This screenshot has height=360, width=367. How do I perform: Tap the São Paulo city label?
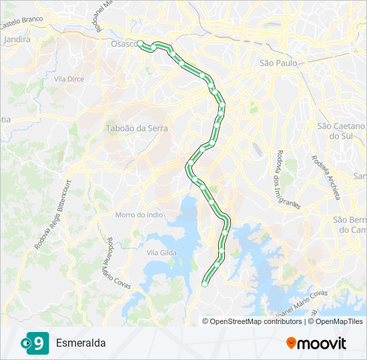coord(277,63)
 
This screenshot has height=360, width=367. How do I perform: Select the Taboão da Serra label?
coord(137,128)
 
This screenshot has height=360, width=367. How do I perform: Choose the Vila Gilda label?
coord(161,253)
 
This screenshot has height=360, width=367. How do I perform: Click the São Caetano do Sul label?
coord(341,131)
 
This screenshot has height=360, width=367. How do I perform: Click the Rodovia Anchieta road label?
coord(326,178)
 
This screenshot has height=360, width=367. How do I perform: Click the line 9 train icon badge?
coord(38,343)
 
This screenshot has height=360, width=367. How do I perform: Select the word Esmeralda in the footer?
coord(81,343)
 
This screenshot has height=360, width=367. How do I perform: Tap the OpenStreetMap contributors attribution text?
coord(256,321)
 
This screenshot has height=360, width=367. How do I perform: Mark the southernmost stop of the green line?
coord(204,283)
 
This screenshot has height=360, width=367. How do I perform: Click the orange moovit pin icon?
coord(291,343)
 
